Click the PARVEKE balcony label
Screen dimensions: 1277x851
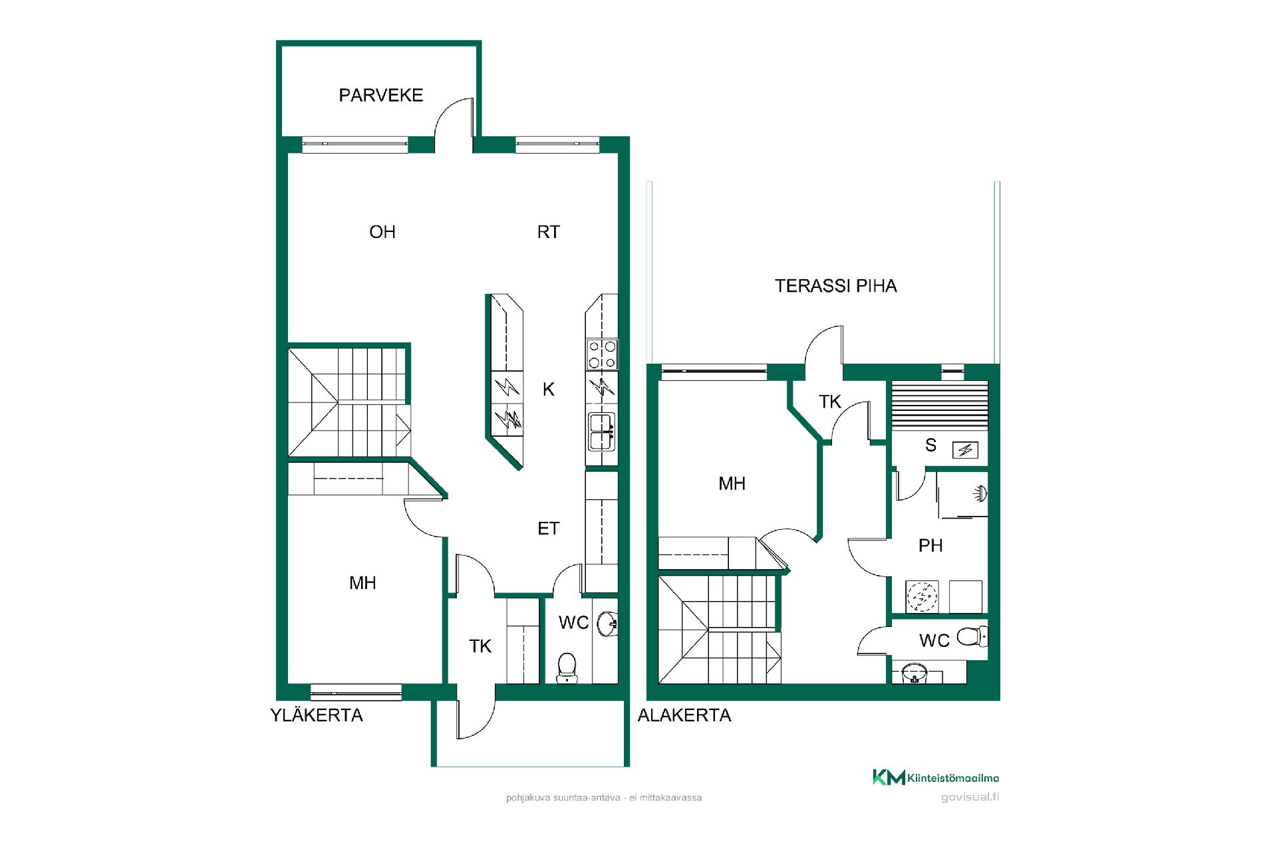[x=380, y=95]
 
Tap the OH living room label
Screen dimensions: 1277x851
[x=382, y=232]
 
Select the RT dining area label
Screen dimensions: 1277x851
[x=549, y=232]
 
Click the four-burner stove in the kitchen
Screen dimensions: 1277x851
[x=602, y=354]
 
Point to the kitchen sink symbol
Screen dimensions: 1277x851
[x=602, y=431]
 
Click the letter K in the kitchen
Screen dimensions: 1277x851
[x=549, y=389]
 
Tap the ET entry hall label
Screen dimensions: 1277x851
[x=549, y=529]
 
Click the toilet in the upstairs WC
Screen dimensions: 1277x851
[x=567, y=666]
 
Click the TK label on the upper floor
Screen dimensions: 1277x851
[x=480, y=646]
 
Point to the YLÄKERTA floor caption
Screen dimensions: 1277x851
[x=317, y=715]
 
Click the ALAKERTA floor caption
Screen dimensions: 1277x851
[x=684, y=715]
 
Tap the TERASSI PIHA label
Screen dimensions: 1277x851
[x=836, y=286]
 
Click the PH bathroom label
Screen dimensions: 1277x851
[x=930, y=546]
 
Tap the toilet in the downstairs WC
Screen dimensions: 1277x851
[x=972, y=638]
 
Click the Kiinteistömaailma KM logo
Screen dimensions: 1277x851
[x=936, y=777]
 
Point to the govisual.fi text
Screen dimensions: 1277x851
[x=970, y=798]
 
